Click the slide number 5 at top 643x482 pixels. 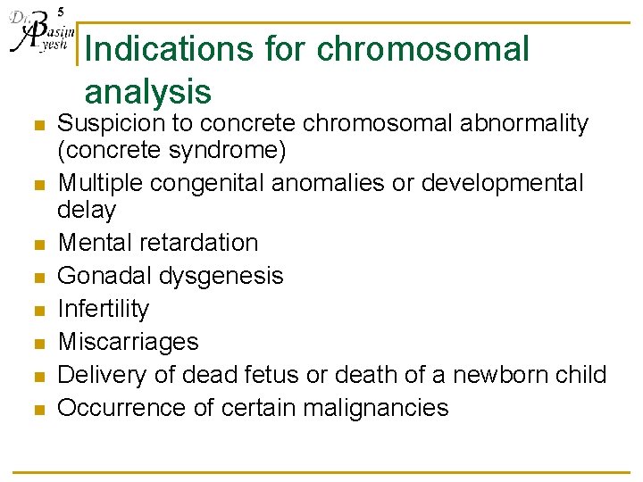[60, 12]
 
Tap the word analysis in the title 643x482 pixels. [147, 91]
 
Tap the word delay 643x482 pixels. [87, 210]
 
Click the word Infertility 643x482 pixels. [104, 309]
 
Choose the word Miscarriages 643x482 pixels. [128, 342]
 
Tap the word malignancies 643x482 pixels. [375, 408]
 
